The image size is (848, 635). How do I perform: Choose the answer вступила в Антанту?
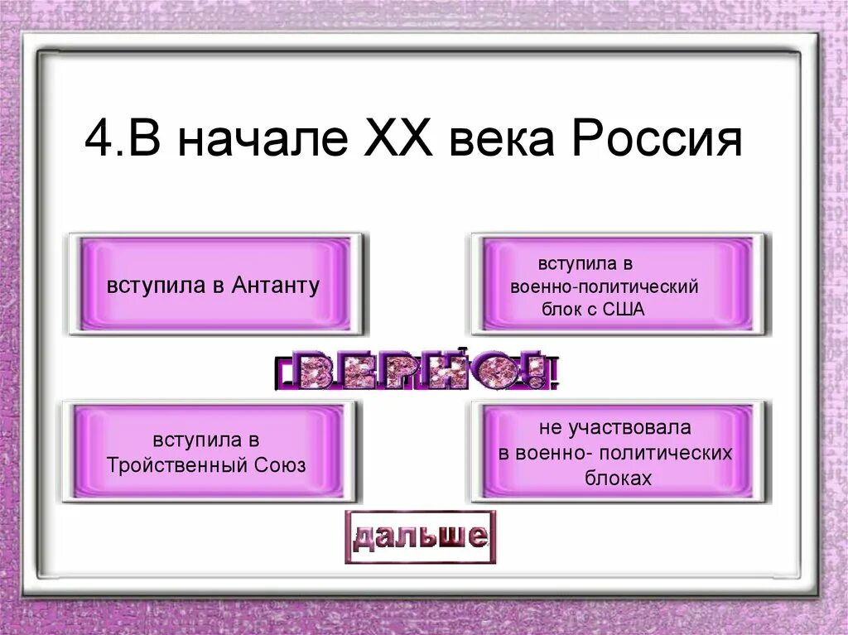pyautogui.click(x=214, y=286)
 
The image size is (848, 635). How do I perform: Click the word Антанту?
pyautogui.click(x=277, y=286)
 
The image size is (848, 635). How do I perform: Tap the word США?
pyautogui.click(x=622, y=310)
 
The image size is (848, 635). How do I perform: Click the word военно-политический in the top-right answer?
pyautogui.click(x=605, y=287)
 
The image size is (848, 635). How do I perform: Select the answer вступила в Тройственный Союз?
pyautogui.click(x=207, y=451)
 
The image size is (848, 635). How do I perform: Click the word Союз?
pyautogui.click(x=282, y=464)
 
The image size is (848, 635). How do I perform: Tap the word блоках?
pyautogui.click(x=617, y=479)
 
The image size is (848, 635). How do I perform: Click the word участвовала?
pyautogui.click(x=638, y=428)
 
